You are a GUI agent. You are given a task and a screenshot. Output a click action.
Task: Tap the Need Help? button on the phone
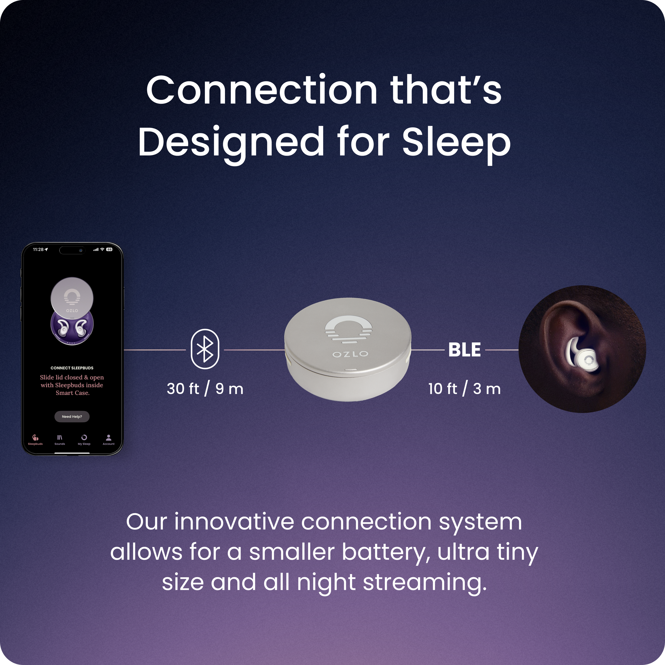click(72, 416)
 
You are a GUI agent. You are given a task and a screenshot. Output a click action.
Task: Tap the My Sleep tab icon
click(84, 438)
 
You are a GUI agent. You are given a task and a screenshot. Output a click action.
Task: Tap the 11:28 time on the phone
click(38, 250)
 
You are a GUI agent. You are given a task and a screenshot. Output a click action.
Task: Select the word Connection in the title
click(262, 90)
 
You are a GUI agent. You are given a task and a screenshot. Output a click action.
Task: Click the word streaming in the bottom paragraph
click(425, 582)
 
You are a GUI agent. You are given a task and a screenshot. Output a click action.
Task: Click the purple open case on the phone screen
click(72, 329)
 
